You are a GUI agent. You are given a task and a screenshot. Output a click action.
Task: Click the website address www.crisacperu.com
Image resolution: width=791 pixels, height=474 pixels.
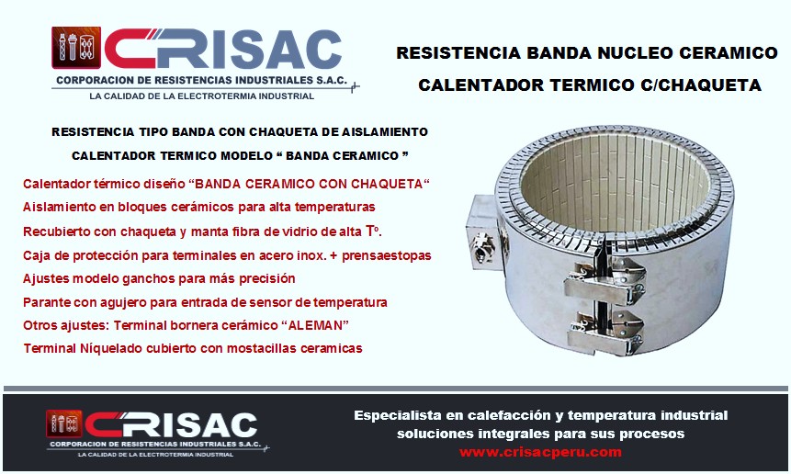pyautogui.click(x=540, y=452)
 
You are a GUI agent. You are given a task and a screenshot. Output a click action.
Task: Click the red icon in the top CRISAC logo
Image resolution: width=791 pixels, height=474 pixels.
pyautogui.click(x=76, y=48)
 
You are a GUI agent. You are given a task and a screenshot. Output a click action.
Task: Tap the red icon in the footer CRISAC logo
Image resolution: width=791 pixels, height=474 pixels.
pyautogui.click(x=64, y=423)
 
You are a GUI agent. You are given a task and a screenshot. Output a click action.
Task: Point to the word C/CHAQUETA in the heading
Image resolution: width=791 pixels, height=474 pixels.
pyautogui.click(x=701, y=85)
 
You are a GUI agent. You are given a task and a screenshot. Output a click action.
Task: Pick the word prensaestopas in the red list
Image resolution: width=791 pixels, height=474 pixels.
pyautogui.click(x=387, y=255)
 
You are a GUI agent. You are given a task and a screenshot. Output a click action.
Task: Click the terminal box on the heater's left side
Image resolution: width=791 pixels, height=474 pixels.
pyautogui.click(x=485, y=232)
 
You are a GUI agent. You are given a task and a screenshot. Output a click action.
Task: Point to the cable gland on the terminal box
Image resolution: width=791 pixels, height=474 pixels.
pyautogui.click(x=481, y=247)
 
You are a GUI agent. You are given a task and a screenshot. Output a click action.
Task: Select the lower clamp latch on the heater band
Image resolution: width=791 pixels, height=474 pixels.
pyautogui.click(x=605, y=331)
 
